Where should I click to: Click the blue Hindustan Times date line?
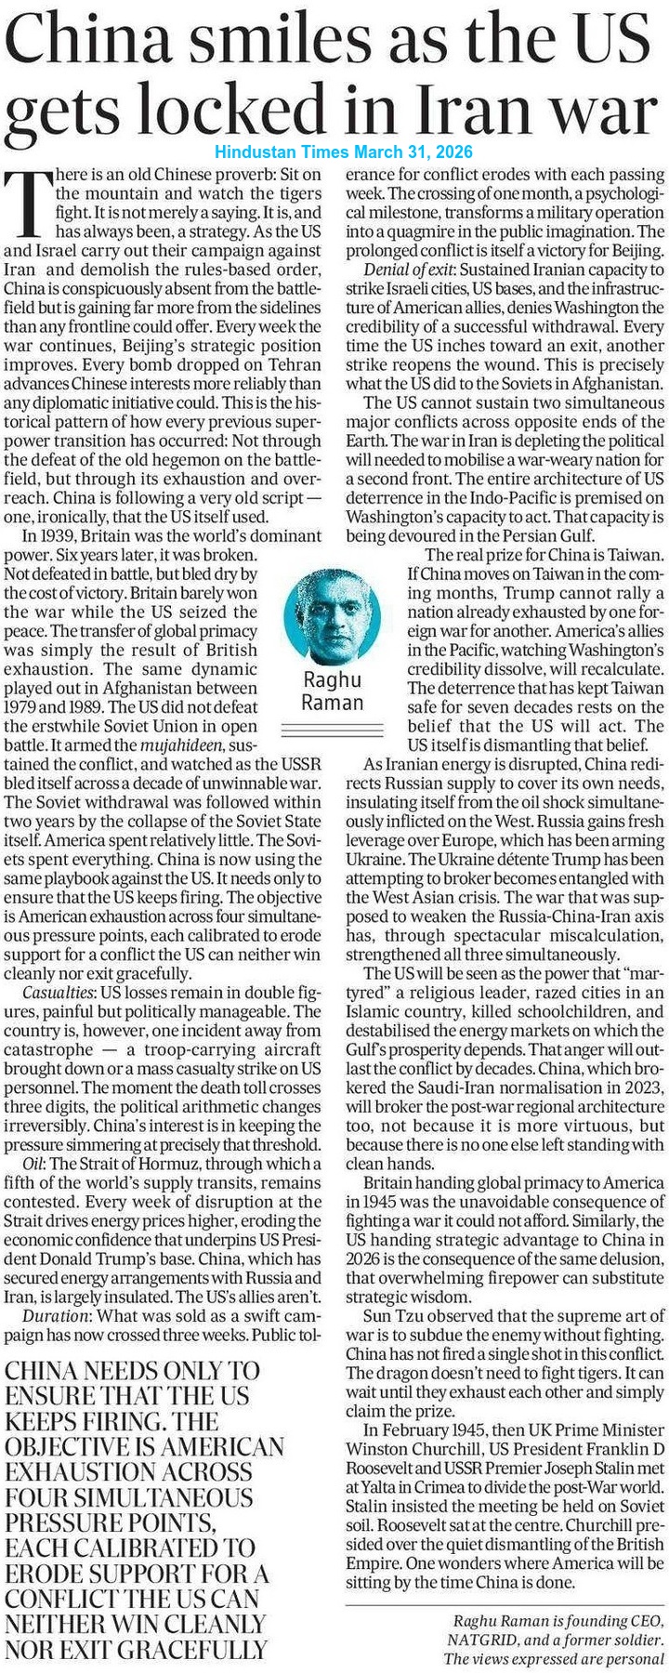[344, 151]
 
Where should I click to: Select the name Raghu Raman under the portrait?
[333, 689]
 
